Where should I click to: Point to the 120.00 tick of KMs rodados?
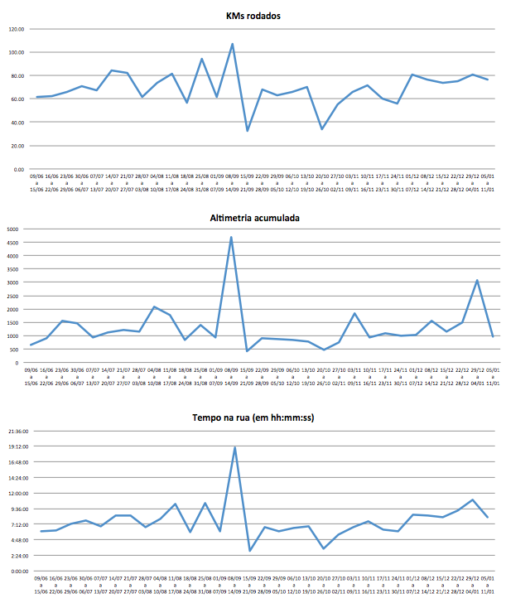coord(16,29)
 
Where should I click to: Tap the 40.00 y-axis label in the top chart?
coord(17,123)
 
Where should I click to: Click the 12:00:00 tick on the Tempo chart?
coord(17,493)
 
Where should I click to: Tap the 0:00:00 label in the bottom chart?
coord(19,571)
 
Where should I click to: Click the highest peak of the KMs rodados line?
coord(232,44)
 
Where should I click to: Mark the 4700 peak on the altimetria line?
coord(232,237)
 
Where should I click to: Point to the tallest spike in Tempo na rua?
coord(234,447)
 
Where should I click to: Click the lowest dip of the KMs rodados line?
coord(247,131)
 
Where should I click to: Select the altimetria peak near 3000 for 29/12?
coord(477,280)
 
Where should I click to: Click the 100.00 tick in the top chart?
coord(16,52)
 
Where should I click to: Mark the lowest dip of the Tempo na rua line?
coord(249,551)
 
